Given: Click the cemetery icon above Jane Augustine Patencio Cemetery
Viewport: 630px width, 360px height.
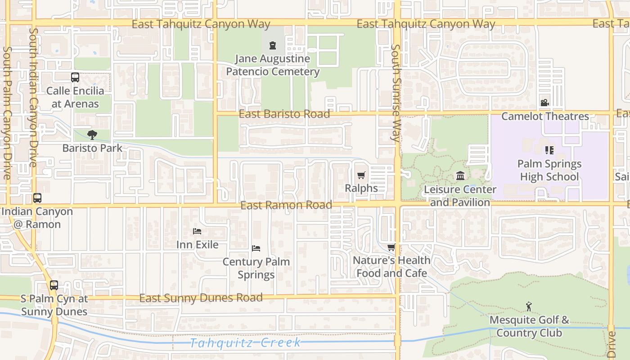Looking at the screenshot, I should [x=272, y=45].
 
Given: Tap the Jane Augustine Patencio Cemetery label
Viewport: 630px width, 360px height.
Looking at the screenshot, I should [x=273, y=65].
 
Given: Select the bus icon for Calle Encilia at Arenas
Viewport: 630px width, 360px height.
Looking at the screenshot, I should [x=75, y=77].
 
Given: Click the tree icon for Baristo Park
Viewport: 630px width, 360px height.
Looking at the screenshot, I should [x=92, y=135].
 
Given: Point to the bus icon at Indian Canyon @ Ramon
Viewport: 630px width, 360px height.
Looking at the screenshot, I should [x=37, y=198].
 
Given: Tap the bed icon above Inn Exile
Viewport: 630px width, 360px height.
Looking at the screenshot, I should [x=197, y=231].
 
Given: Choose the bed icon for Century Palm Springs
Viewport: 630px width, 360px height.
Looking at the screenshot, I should [x=256, y=248].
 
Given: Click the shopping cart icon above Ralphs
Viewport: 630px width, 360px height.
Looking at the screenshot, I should [x=361, y=175].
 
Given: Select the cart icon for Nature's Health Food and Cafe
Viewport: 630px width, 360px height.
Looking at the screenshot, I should [x=391, y=247].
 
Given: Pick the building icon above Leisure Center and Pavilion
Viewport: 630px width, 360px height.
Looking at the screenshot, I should [x=460, y=175].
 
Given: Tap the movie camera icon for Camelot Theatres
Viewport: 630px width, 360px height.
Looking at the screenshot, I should [x=544, y=103].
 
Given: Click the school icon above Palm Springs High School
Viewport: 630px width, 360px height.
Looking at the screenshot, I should [x=549, y=150].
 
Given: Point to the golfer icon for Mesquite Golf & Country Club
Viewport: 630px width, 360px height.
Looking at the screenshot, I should [x=529, y=307].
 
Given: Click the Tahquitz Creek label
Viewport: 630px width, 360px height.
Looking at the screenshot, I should [x=245, y=343].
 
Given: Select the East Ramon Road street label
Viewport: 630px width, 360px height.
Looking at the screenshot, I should [x=286, y=205].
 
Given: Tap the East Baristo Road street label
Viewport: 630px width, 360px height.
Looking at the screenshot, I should [x=284, y=114].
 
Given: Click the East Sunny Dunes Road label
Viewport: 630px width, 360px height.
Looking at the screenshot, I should [x=201, y=298].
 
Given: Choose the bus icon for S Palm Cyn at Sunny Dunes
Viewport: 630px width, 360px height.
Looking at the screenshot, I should [x=54, y=285].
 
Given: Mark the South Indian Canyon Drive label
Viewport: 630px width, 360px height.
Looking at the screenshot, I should [x=33, y=97].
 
